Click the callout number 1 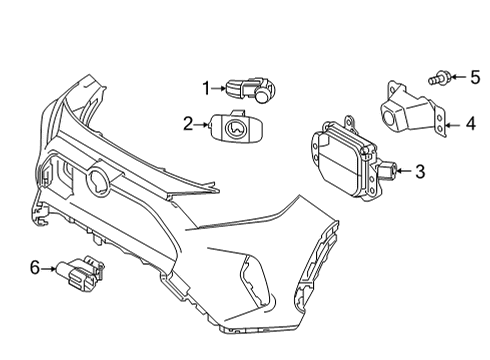point(206,89)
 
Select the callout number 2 point(187,124)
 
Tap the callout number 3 point(420,172)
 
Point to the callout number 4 point(469,124)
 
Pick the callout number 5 point(475,75)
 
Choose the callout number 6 point(35,268)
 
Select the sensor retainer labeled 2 point(235,126)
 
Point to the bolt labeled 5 point(441,76)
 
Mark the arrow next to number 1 point(219,89)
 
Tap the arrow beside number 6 point(49,268)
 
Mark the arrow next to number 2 point(201,124)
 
